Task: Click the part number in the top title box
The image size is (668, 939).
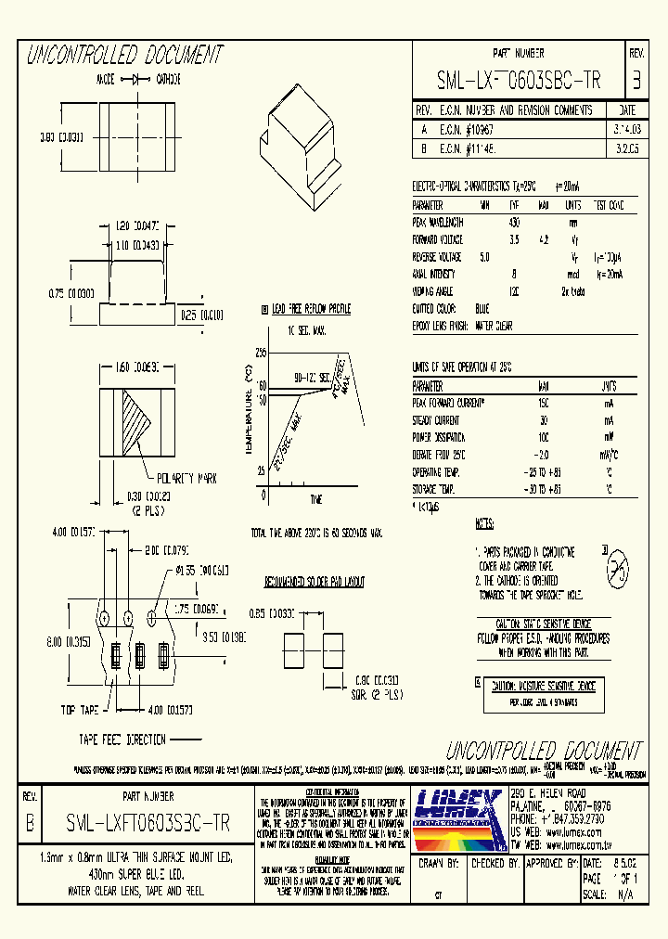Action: pos(518,82)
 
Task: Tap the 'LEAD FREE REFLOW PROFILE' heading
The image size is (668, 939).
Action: pos(311,309)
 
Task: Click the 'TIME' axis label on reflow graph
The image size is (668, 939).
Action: pos(315,499)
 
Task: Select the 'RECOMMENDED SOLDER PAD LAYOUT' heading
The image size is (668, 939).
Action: pos(314,582)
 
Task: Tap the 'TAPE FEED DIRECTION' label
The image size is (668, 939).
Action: pos(122,739)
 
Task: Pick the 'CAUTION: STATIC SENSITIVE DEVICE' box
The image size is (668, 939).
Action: pos(544,624)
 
